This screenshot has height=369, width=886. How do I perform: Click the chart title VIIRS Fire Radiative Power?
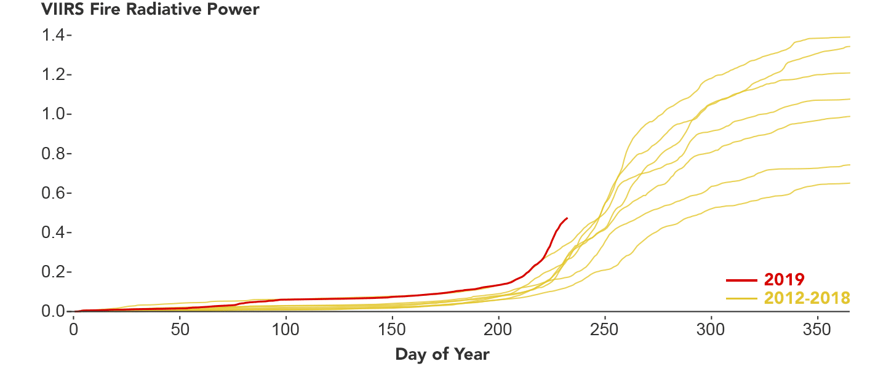point(151,10)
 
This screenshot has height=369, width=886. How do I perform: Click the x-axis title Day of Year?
point(442,354)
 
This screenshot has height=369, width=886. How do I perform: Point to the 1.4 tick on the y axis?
point(54,35)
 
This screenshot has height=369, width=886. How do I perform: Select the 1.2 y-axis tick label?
point(54,74)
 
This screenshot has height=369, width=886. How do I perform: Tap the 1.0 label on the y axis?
point(54,114)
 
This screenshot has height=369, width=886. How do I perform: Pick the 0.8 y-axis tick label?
point(54,153)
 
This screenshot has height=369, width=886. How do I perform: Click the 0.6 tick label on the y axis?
point(54,192)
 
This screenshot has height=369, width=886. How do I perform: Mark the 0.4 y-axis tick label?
point(54,232)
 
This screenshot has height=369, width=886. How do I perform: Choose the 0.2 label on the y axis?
point(54,272)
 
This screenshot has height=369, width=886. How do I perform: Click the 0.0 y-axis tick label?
point(54,311)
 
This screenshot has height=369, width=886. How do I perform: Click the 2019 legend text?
point(784,280)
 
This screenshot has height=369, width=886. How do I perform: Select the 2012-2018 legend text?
point(807,298)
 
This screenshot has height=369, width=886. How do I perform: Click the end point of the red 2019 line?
point(567,218)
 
